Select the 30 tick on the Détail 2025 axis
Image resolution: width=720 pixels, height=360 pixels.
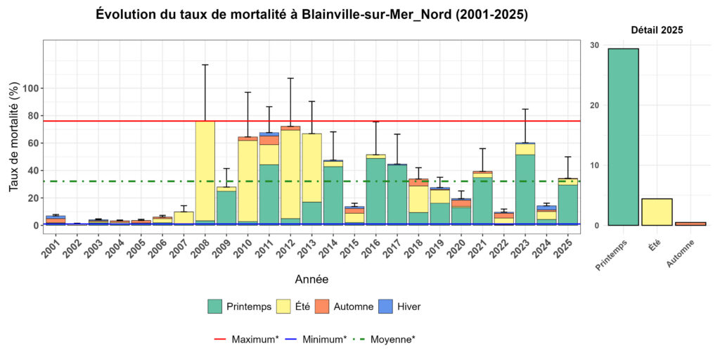(x=595, y=45)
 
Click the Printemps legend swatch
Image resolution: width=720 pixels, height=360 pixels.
(x=215, y=307)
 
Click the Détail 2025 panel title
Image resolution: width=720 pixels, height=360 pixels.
(x=657, y=30)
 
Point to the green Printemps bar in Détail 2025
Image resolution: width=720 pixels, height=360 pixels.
(x=623, y=137)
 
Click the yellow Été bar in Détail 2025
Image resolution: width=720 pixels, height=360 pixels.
(x=657, y=212)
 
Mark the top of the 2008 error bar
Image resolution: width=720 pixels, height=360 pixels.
(x=205, y=65)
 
